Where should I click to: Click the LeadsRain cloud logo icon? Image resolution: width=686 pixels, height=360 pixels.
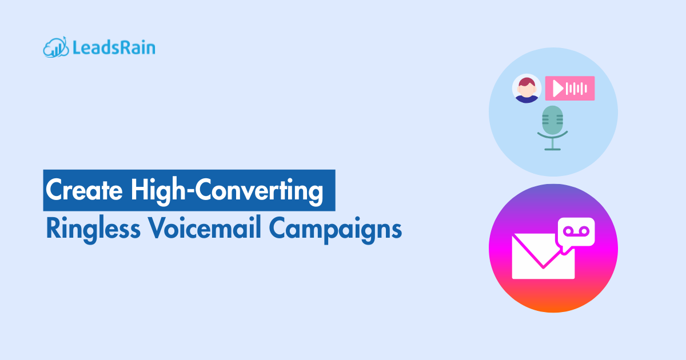click(x=56, y=47)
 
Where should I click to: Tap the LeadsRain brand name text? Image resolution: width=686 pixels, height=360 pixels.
click(x=114, y=47)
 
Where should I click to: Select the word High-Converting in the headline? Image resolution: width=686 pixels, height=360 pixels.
click(x=226, y=190)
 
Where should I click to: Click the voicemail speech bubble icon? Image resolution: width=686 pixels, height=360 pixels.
click(x=576, y=231)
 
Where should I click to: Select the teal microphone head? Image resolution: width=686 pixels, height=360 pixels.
click(x=553, y=119)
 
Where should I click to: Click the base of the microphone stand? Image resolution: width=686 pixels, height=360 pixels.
click(x=553, y=149)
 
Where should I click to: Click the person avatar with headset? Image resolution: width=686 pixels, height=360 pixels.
click(x=527, y=89)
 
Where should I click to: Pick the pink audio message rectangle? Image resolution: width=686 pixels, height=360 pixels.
click(x=570, y=89)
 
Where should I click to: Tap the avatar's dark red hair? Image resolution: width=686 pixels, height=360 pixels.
click(x=526, y=81)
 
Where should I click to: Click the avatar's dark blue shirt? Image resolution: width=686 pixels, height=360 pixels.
click(x=527, y=98)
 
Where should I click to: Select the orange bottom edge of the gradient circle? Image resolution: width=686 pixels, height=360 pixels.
click(x=553, y=309)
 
